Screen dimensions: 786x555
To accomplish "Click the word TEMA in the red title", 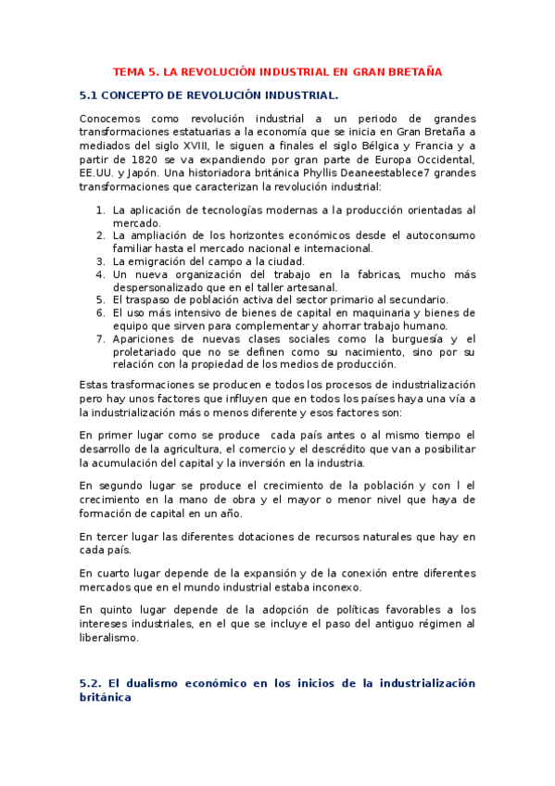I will click(127, 70).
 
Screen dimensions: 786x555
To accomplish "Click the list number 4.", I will click(101, 274).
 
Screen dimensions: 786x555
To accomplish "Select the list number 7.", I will click(101, 339).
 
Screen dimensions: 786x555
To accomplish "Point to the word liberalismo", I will click(109, 637).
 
